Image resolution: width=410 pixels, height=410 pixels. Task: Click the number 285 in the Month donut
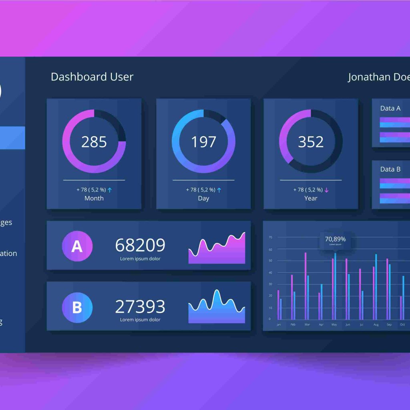pyautogui.click(x=94, y=142)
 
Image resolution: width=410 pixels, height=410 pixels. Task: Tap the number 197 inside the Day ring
pyautogui.click(x=203, y=142)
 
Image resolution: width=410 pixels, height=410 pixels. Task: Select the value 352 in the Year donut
pyautogui.click(x=311, y=142)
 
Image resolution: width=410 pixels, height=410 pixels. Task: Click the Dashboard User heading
pyautogui.click(x=92, y=77)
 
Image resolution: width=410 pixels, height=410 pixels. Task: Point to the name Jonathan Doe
pyautogui.click(x=378, y=77)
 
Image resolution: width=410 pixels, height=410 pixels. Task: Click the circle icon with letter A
pyautogui.click(x=77, y=246)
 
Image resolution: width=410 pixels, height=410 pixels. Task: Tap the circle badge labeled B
pyautogui.click(x=77, y=307)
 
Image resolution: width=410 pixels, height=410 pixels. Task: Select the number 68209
pyautogui.click(x=140, y=245)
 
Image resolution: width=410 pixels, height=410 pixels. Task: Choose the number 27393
pyautogui.click(x=140, y=306)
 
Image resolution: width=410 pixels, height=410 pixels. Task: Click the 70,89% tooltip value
pyautogui.click(x=335, y=239)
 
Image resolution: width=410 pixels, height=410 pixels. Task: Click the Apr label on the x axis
pyautogui.click(x=321, y=325)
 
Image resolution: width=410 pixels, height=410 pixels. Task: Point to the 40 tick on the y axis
pyautogui.click(x=270, y=273)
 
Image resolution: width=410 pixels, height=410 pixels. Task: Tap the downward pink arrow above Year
pyautogui.click(x=326, y=190)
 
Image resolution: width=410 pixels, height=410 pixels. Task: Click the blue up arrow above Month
pyautogui.click(x=110, y=190)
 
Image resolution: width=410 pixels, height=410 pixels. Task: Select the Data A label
pyautogui.click(x=390, y=108)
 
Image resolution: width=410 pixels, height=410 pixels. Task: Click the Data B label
pyautogui.click(x=390, y=169)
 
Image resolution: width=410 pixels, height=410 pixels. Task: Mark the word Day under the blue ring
pyautogui.click(x=203, y=198)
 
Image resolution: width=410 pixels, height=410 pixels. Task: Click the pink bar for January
pyautogui.click(x=278, y=304)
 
